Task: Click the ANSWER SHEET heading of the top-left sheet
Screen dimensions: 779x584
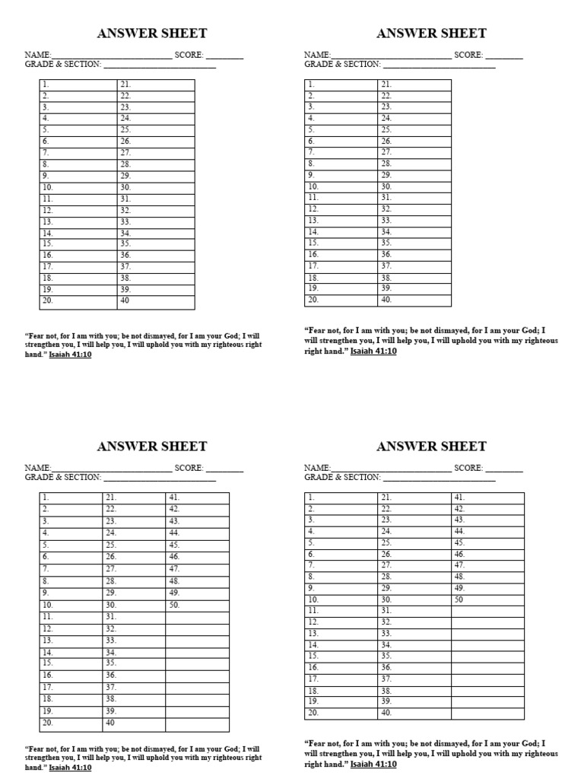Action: [x=152, y=33]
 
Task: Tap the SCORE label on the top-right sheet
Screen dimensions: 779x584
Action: [x=468, y=55]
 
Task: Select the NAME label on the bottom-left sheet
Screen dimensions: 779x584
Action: [x=37, y=468]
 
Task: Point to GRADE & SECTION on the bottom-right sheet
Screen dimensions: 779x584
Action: [x=343, y=477]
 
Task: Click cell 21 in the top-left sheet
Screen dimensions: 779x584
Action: [x=156, y=84]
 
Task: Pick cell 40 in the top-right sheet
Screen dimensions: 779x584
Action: [x=414, y=300]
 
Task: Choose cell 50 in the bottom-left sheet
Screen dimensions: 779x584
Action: [x=198, y=605]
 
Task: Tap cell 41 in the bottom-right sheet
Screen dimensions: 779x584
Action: [x=487, y=498]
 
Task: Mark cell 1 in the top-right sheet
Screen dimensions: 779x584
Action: [x=341, y=84]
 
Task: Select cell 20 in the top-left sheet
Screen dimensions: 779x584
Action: [x=78, y=302]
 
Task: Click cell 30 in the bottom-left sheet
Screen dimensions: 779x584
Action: [x=134, y=605]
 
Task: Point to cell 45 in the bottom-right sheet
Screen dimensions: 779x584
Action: [x=487, y=542]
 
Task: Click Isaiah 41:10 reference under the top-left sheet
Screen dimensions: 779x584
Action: [x=70, y=355]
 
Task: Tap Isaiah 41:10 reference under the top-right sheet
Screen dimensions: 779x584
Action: [x=373, y=351]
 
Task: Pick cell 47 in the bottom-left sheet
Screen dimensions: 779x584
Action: [x=198, y=569]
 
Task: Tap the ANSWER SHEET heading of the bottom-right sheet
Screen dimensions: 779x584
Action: [x=431, y=447]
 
